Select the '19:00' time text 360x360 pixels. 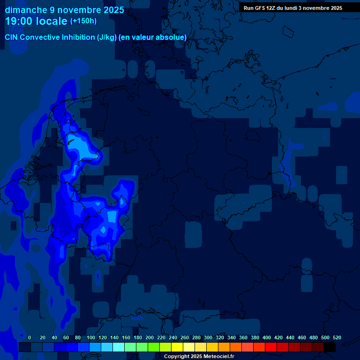(x=19, y=21)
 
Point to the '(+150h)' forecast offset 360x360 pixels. (x=83, y=21)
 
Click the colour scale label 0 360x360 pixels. (x=30, y=337)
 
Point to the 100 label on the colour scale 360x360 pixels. (x=90, y=337)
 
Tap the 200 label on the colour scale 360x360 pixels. (x=150, y=337)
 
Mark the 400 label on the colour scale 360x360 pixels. (x=267, y=337)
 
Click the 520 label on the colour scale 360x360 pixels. (x=337, y=337)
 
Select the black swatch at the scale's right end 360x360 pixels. (x=330, y=347)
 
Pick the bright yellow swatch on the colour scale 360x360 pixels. (x=177, y=347)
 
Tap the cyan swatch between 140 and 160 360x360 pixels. (x=119, y=347)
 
